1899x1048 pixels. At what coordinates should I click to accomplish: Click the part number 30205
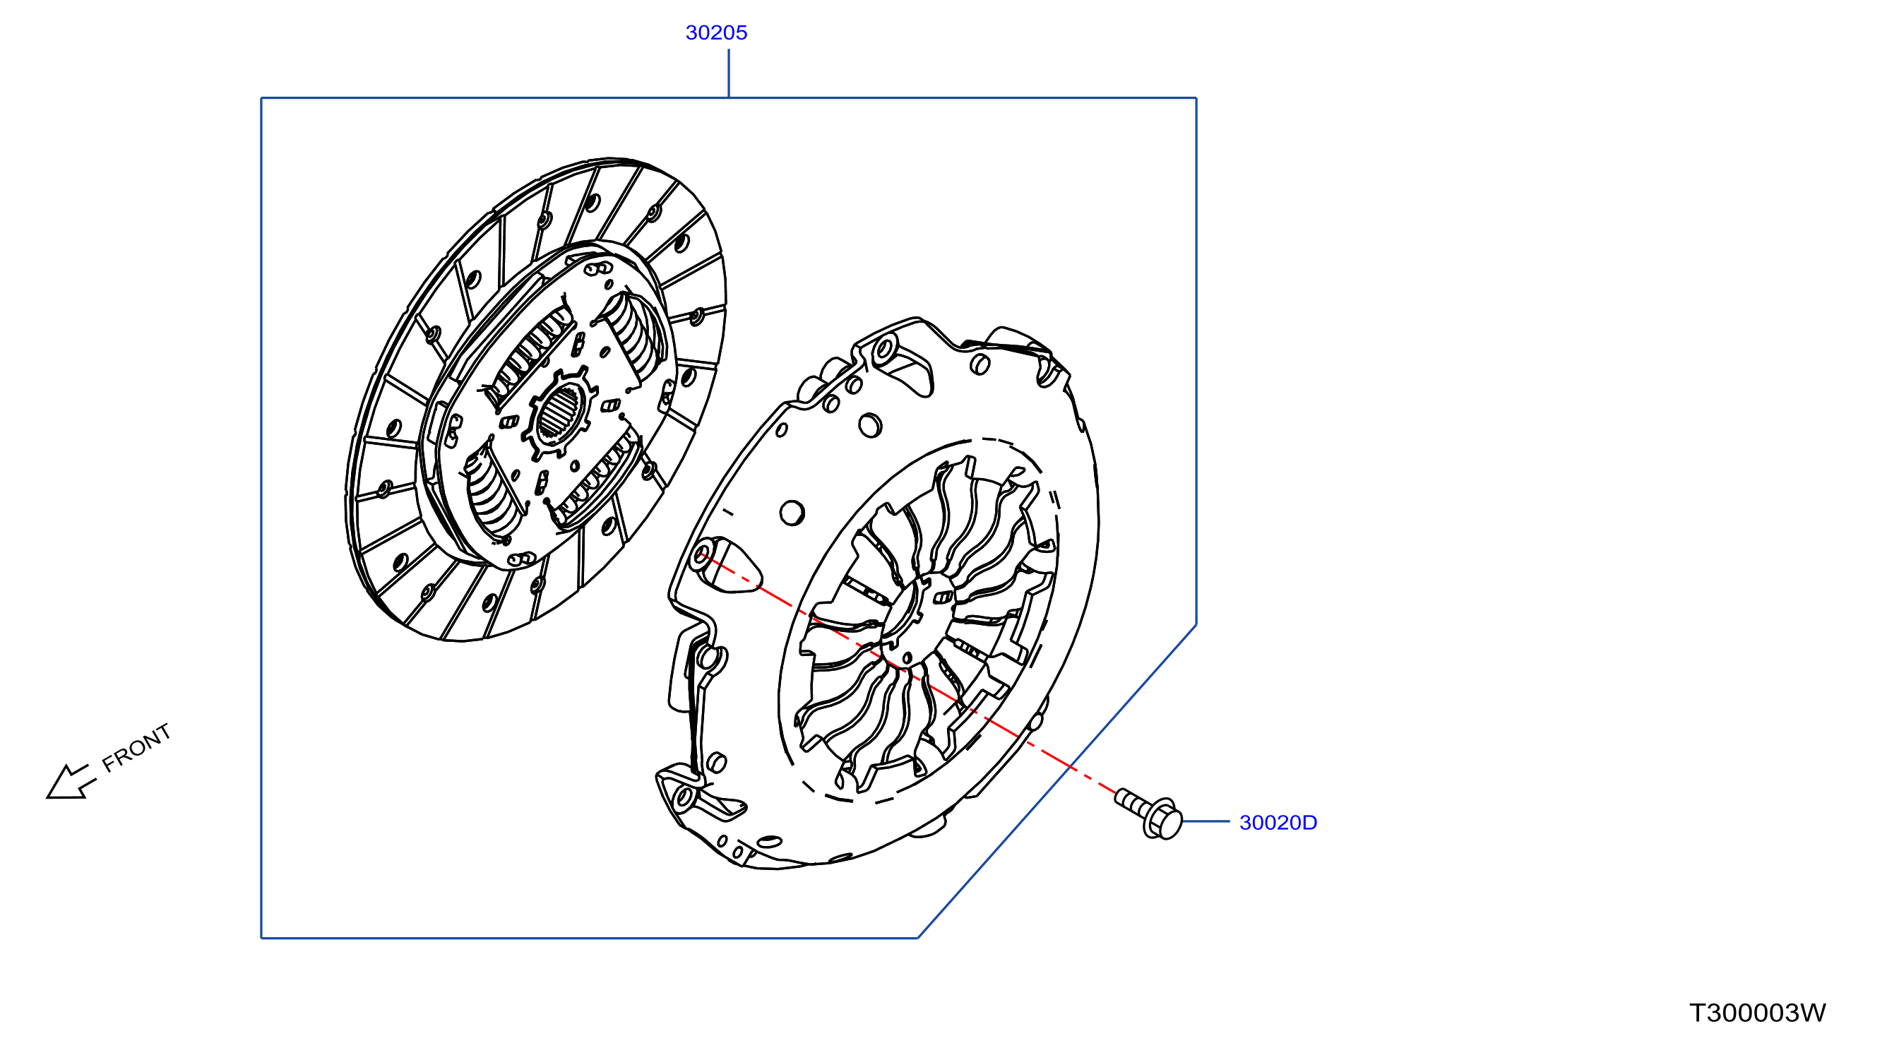point(716,32)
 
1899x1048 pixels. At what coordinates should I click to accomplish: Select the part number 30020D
point(1278,822)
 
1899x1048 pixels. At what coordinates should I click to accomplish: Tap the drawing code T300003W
point(1758,1013)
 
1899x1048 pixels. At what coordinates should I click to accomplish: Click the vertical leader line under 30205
point(728,73)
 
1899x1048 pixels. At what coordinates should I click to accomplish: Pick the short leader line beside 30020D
point(1206,821)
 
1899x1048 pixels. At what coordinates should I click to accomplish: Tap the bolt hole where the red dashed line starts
point(701,554)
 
